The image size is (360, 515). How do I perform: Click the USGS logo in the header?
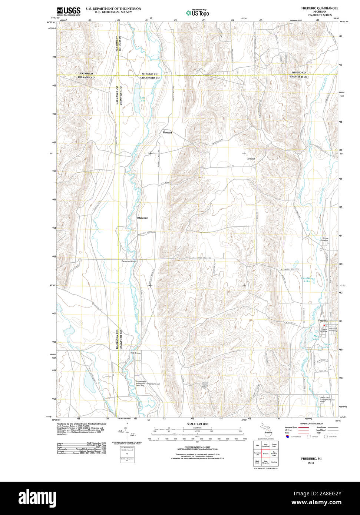tap(69, 11)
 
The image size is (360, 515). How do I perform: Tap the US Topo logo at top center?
tap(198, 13)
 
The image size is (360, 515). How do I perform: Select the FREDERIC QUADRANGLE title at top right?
tap(319, 8)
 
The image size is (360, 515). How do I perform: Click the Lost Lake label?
tap(142, 99)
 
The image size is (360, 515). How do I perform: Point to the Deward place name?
tap(167, 132)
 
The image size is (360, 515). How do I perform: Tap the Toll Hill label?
tap(251, 159)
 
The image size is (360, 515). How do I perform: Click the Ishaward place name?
tap(142, 218)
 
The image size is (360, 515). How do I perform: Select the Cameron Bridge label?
tap(129, 262)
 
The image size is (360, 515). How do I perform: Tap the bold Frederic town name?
tap(323, 320)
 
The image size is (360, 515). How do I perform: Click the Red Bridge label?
tap(135, 353)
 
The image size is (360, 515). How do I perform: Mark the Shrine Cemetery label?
tap(324, 239)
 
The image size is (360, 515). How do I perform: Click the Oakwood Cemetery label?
tap(334, 330)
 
